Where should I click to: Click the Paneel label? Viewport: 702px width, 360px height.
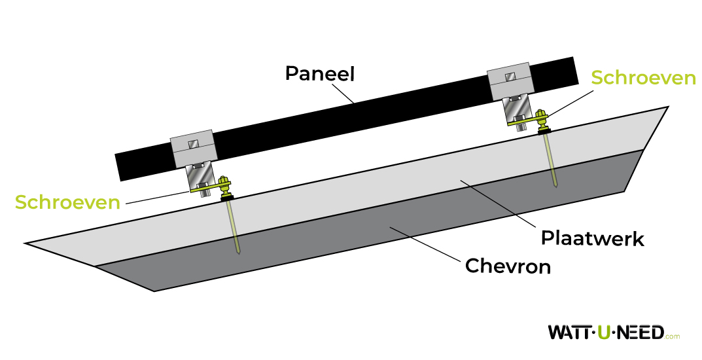[x=319, y=73]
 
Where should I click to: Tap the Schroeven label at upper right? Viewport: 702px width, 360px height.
[x=642, y=78]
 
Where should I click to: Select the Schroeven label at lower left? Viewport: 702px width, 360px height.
[x=68, y=202]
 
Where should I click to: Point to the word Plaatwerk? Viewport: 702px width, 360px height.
[x=592, y=238]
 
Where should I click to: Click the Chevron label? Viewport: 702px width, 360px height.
[x=508, y=266]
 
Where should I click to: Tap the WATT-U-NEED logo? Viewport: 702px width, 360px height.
[x=606, y=332]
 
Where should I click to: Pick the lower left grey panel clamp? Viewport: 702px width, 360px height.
[x=193, y=149]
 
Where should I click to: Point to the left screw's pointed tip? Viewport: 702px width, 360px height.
[x=239, y=252]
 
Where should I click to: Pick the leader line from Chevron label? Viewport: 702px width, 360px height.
[x=425, y=244]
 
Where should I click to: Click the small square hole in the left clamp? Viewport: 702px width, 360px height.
[x=193, y=144]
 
